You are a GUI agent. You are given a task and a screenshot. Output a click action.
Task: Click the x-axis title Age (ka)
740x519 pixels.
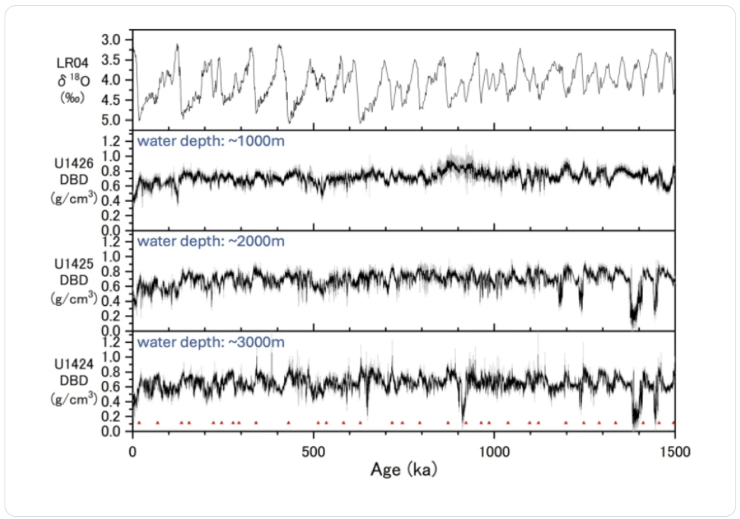(403, 470)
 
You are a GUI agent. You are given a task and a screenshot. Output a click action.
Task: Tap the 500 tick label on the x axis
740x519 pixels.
(314, 451)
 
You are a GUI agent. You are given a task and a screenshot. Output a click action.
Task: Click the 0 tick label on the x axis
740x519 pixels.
(133, 451)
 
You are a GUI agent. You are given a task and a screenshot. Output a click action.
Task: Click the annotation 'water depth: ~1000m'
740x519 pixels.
(210, 140)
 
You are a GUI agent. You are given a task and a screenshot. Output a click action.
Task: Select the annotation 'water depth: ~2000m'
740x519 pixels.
(210, 241)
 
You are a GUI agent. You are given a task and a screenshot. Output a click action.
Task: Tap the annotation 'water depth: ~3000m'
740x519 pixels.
(210, 341)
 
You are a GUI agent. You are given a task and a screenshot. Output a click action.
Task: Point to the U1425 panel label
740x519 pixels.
(74, 264)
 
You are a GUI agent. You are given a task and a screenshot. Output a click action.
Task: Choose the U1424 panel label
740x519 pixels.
(74, 364)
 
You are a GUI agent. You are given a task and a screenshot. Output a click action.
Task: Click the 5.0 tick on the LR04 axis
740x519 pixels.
(111, 120)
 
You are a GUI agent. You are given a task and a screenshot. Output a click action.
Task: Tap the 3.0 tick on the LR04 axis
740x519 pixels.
(111, 39)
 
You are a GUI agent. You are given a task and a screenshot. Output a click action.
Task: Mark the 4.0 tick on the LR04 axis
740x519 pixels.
(111, 80)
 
